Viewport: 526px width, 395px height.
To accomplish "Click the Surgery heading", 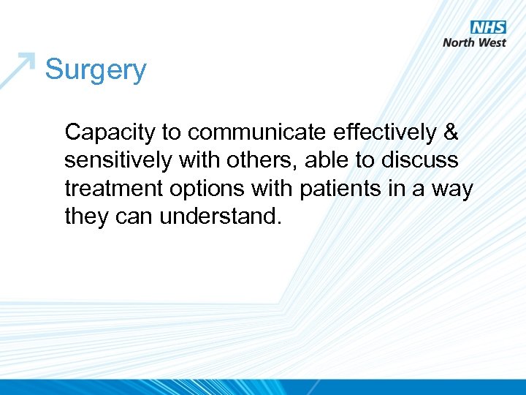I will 96,71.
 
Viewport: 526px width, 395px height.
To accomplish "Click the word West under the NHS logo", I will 493,42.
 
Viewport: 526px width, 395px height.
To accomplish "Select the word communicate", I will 254,132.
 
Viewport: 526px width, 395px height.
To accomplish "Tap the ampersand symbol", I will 451,132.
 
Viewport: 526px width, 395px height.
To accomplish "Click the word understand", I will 220,217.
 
